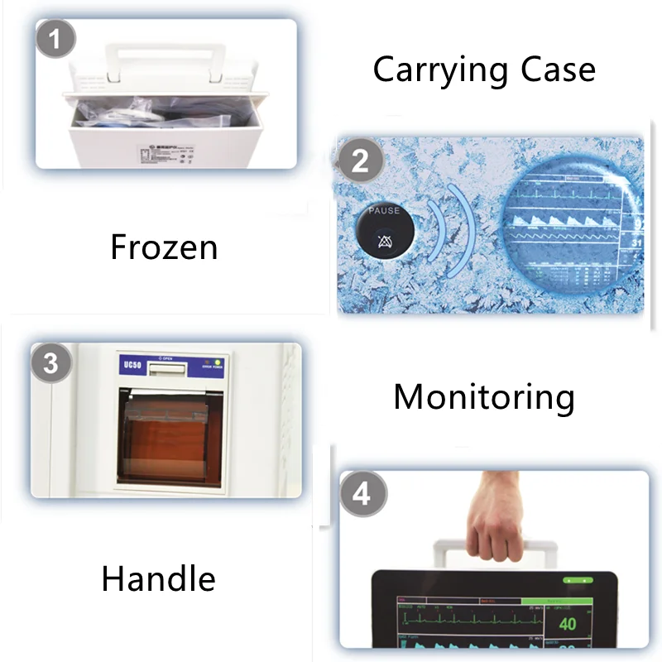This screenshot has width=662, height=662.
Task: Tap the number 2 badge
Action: pyautogui.click(x=360, y=159)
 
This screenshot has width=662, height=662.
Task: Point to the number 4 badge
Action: pyautogui.click(x=362, y=494)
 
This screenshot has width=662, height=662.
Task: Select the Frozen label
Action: pyautogui.click(x=164, y=247)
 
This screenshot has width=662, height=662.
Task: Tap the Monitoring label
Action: pyautogui.click(x=484, y=397)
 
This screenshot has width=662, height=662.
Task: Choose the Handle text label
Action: pyautogui.click(x=158, y=578)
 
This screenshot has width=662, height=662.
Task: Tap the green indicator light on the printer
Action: pyautogui.click(x=217, y=362)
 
